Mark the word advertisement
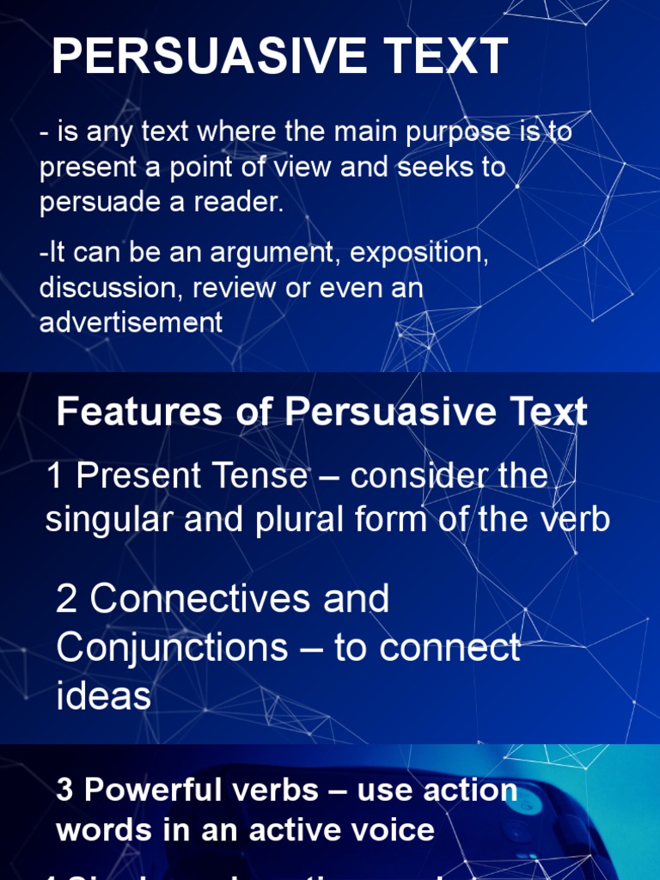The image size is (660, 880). pos(131,322)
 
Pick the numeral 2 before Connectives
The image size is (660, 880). pos(66,599)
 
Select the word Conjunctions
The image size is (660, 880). pos(172,648)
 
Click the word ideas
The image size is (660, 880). pos(103,696)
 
